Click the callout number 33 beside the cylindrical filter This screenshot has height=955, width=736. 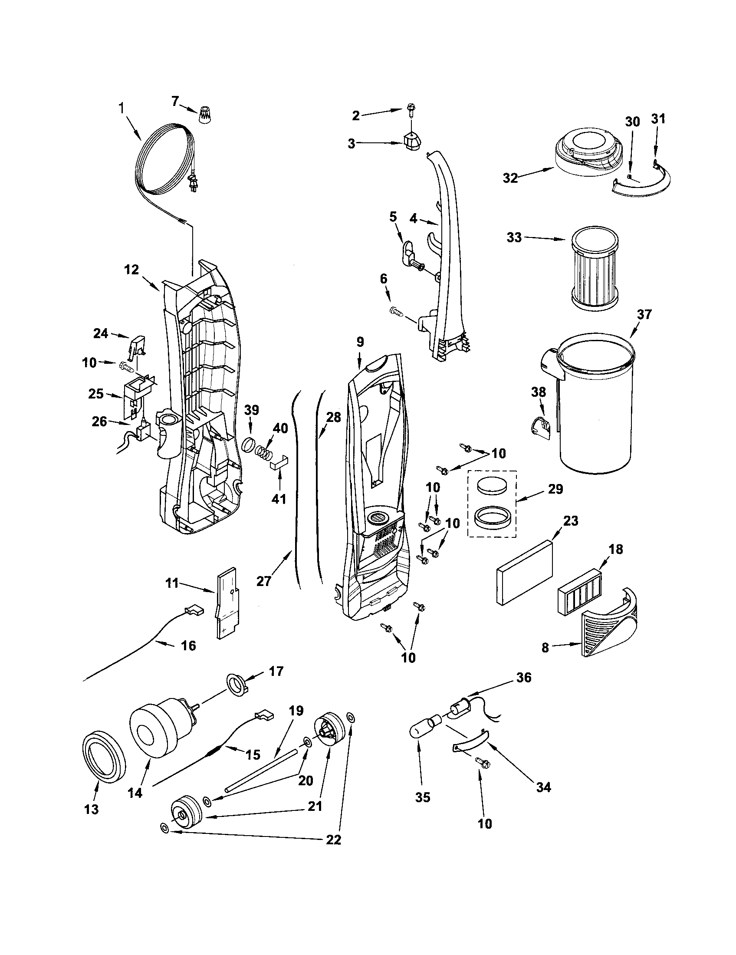coord(514,238)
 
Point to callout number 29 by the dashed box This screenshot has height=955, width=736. coord(555,489)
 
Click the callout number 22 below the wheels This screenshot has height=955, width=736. coord(333,840)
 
